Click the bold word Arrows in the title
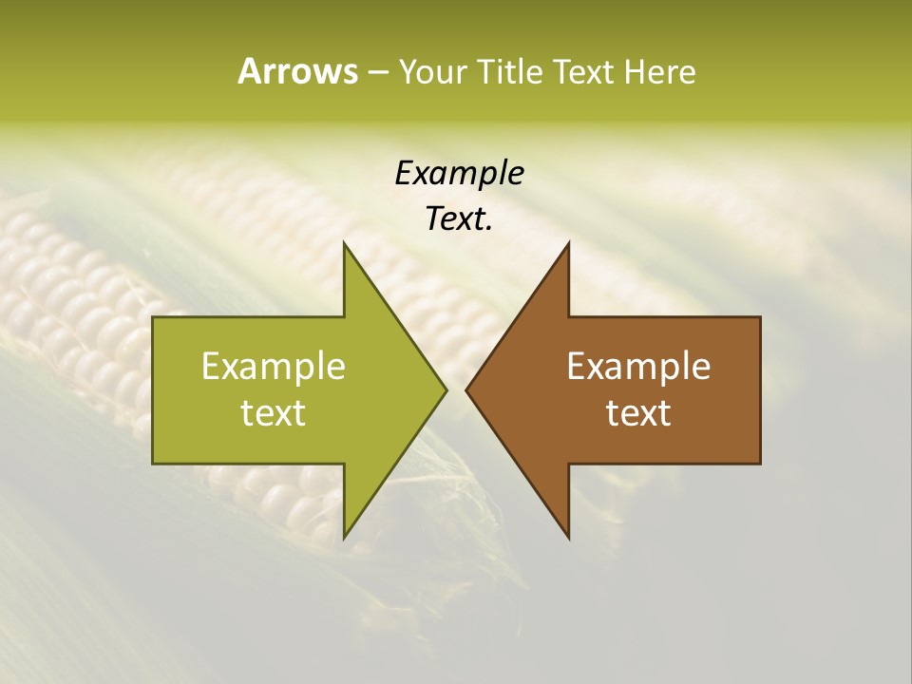(296, 71)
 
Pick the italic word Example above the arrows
(459, 174)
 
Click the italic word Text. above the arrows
(459, 219)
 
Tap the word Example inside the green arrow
(274, 367)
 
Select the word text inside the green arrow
(274, 413)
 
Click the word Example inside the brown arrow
(638, 367)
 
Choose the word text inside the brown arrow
(638, 413)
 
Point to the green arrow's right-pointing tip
(446, 389)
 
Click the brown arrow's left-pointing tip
(466, 389)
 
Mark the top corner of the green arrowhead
(344, 242)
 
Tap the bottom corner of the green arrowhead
(344, 538)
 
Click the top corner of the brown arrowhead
(568, 242)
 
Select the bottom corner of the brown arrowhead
(568, 538)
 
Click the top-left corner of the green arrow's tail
(154, 317)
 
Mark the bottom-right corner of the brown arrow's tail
(760, 463)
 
